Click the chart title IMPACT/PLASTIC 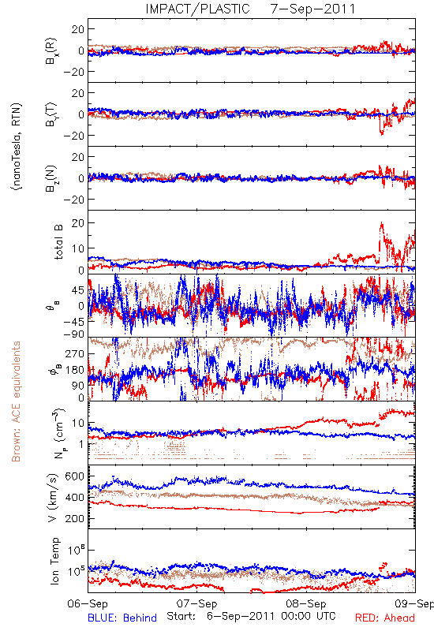198,9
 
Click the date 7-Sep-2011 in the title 312,9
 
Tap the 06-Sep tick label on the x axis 88,603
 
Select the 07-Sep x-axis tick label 196,603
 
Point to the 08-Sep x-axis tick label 306,603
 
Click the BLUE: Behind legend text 122,618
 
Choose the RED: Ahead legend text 385,618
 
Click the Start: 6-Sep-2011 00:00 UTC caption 251,616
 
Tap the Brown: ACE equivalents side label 16,401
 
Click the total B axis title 58,242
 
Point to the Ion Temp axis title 54,561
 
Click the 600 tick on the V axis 74,476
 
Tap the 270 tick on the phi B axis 74,354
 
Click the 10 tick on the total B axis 77,248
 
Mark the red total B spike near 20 381,224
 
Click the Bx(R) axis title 51,51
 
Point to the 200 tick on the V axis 74,519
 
